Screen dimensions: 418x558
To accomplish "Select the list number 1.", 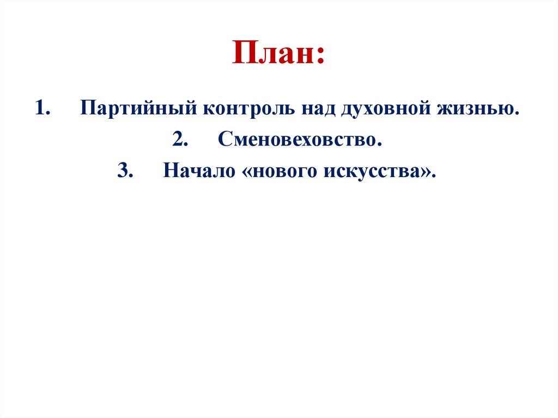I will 41,108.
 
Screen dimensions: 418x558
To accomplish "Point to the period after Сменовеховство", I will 377,144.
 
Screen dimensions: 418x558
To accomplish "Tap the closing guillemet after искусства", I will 426,173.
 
